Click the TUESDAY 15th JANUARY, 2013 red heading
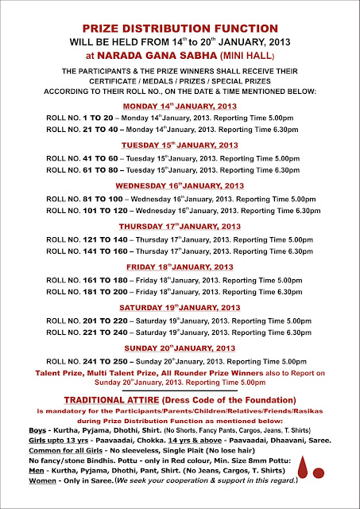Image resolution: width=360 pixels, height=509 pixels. coord(179,146)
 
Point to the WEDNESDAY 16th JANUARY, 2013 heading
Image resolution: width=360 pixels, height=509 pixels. coord(179,185)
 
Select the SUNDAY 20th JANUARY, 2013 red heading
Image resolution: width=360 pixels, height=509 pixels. coord(179,348)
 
